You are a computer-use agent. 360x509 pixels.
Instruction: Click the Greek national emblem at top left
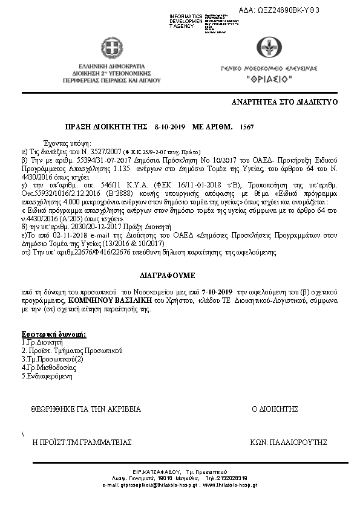(111, 47)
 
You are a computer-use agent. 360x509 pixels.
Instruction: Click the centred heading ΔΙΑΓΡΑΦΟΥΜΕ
(170, 275)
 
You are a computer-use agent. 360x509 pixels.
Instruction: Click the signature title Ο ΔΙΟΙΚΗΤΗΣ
(275, 409)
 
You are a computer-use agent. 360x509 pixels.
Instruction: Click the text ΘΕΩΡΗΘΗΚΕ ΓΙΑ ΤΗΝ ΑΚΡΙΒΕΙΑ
(85, 409)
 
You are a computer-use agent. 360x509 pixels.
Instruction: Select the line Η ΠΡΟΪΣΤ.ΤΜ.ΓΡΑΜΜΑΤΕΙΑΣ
(82, 443)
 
